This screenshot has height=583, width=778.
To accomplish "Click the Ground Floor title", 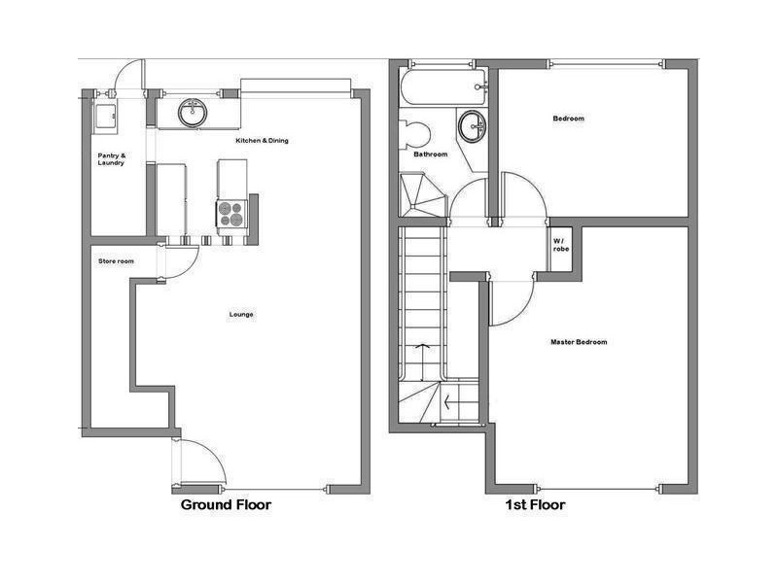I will pyautogui.click(x=226, y=505).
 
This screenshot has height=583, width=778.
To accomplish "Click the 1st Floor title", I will pyautogui.click(x=534, y=505).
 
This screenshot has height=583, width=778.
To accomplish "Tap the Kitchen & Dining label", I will pyautogui.click(x=262, y=141).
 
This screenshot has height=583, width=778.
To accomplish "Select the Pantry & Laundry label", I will pyautogui.click(x=111, y=158).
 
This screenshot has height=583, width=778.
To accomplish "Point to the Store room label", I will pyautogui.click(x=116, y=261).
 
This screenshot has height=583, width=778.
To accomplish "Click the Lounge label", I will pyautogui.click(x=241, y=314).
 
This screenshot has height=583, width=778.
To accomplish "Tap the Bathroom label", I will pyautogui.click(x=430, y=154).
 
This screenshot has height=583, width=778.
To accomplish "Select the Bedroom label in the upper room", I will pyautogui.click(x=569, y=119).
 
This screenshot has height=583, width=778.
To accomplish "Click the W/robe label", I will pyautogui.click(x=561, y=244).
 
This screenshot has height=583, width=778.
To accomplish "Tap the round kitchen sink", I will pyautogui.click(x=193, y=113).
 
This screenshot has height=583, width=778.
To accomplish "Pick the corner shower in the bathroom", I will pyautogui.click(x=420, y=194).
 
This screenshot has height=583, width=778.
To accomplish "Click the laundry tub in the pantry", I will pyautogui.click(x=103, y=116).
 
